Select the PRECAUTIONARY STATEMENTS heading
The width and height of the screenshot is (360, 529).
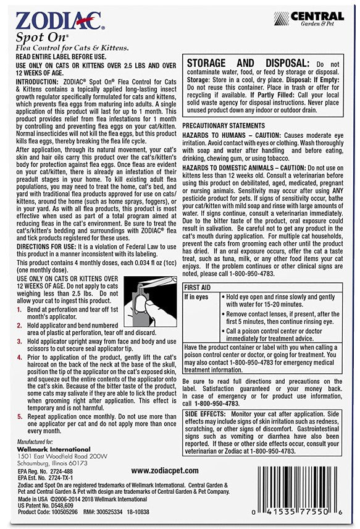227,125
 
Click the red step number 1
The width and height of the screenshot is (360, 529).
19,308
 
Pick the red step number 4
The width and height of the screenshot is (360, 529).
19,357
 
